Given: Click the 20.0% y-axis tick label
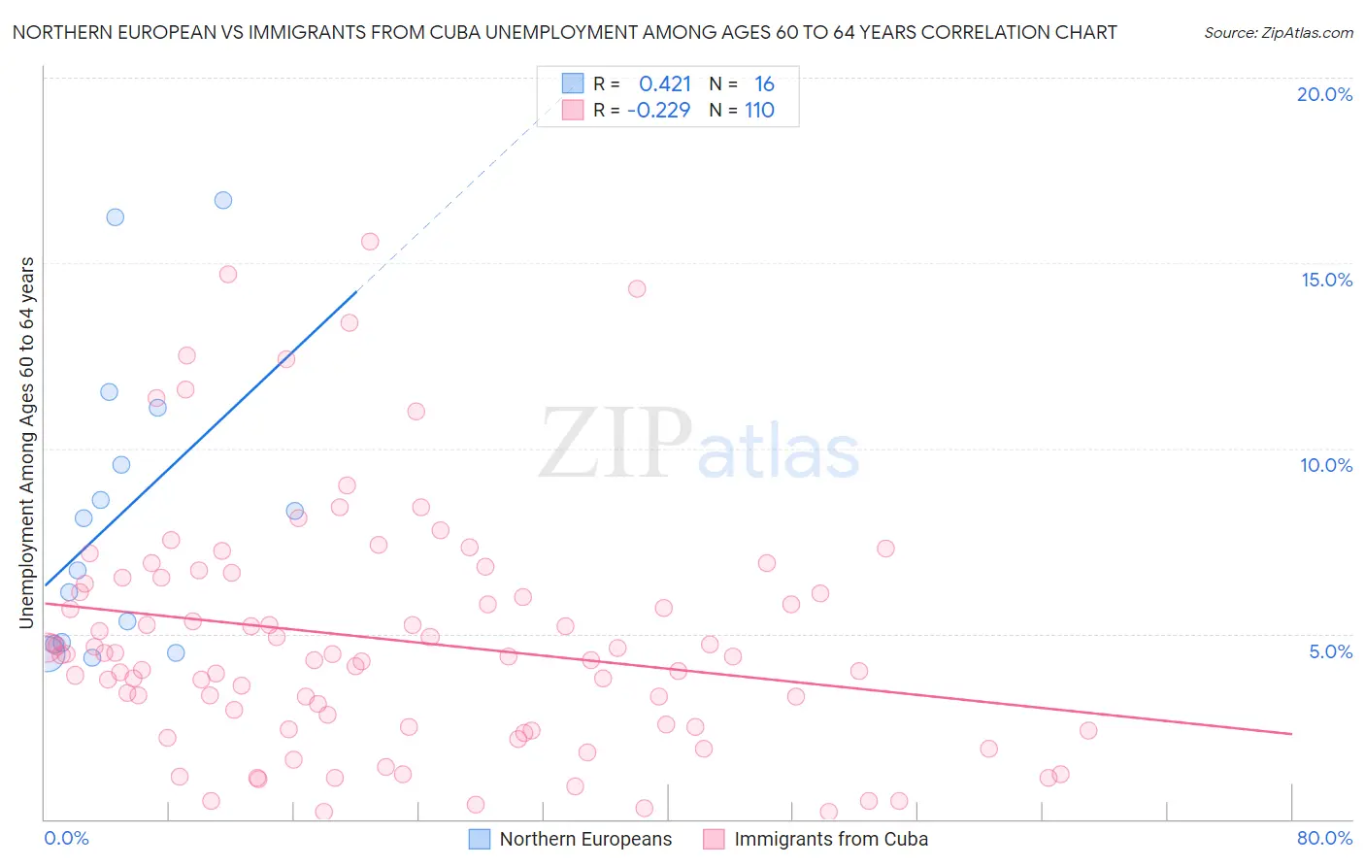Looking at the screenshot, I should (1324, 94).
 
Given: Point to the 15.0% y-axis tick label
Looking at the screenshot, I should (1326, 280).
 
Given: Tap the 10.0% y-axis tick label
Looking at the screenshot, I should (1326, 465).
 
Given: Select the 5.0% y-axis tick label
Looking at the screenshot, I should (1330, 651).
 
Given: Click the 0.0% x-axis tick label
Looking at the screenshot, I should (66, 838).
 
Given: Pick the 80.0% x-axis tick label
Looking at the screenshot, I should (1324, 838).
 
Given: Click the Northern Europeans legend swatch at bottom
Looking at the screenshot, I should (480, 839).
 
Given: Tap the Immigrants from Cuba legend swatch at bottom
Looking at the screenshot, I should (715, 839).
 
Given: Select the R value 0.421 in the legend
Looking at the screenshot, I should (664, 84).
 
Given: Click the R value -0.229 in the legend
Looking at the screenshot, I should (658, 111).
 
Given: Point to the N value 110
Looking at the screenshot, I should (759, 111).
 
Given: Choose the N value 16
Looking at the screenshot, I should (764, 84).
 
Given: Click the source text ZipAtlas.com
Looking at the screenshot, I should (1278, 32).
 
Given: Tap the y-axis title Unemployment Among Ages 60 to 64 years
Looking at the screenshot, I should (26, 443).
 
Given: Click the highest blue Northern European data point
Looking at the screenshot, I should (223, 200).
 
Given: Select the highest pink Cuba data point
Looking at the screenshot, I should (370, 242).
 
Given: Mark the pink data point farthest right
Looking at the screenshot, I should (1088, 730).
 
